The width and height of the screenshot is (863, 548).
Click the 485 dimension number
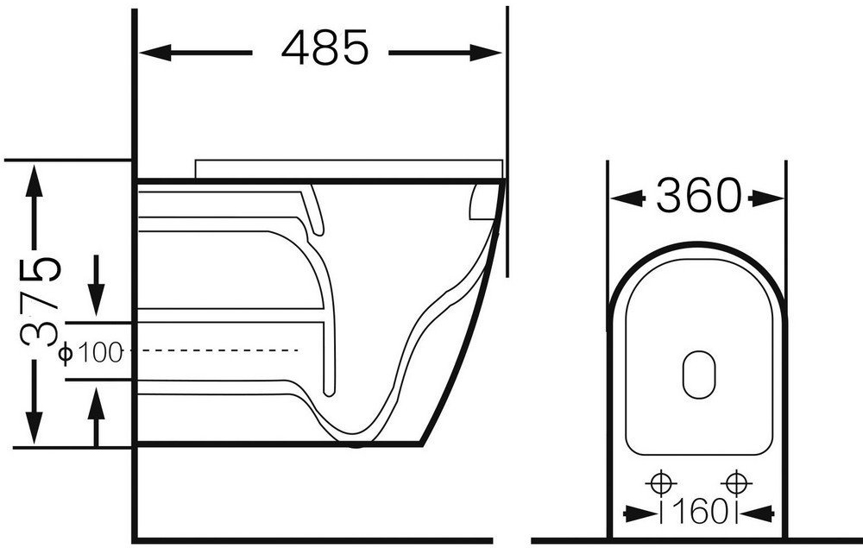point(324,47)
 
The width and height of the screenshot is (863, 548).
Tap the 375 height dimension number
point(41,300)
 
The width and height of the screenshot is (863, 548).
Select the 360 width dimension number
point(698,196)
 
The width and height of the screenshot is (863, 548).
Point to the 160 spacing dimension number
point(699,513)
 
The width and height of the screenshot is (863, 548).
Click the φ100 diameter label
point(91,353)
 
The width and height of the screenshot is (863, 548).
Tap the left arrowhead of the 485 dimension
point(154,54)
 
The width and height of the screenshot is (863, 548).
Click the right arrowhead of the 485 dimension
point(486,54)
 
